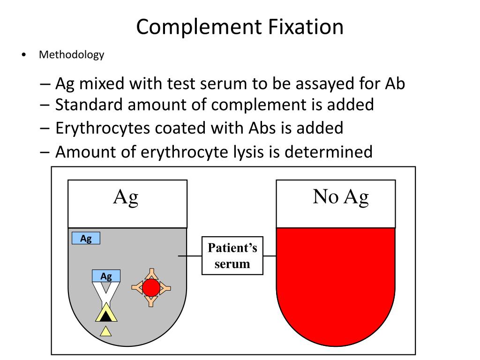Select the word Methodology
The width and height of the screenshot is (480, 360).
point(71,55)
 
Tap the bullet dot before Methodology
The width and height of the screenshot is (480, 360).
point(23,55)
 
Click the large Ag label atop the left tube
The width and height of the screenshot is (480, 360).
point(126,197)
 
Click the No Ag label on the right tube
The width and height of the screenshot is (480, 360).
point(341,197)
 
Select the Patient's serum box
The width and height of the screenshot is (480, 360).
point(232,256)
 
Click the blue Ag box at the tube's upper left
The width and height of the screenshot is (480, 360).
point(86,239)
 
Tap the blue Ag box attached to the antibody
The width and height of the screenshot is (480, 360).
point(106,276)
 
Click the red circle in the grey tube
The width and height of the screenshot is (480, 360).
point(151,287)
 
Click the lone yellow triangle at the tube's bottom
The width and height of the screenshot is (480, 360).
point(106,331)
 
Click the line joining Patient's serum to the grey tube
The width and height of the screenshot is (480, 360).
point(190,256)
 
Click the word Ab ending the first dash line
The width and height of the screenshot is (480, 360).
point(395,84)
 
